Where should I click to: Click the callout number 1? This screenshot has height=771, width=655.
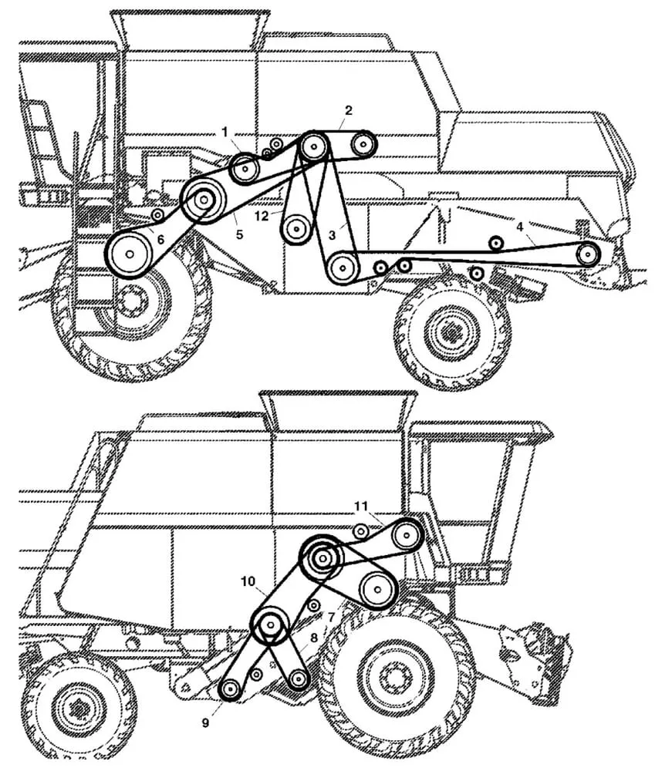[x=225, y=133]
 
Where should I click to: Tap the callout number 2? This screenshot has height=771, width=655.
[x=348, y=110]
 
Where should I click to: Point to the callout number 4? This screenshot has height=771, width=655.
[x=521, y=227]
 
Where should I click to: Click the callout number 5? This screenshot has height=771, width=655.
[x=239, y=234]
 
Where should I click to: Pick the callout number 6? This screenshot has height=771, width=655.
[x=160, y=239]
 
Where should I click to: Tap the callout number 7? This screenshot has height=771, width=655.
[x=331, y=617]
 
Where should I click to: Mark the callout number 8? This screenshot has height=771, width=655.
[x=314, y=638]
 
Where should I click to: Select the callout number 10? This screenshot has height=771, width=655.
[x=247, y=581]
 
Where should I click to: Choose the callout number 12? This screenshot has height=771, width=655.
[x=262, y=217]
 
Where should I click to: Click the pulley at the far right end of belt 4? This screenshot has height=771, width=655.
[x=589, y=253]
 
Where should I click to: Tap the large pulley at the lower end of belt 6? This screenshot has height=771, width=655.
[x=129, y=253]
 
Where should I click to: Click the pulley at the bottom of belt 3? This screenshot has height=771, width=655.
[x=342, y=268]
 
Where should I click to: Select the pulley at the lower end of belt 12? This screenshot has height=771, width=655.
[x=296, y=227]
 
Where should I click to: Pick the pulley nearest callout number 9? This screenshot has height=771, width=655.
[x=230, y=689]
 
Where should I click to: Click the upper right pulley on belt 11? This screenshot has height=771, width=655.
[x=406, y=534]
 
